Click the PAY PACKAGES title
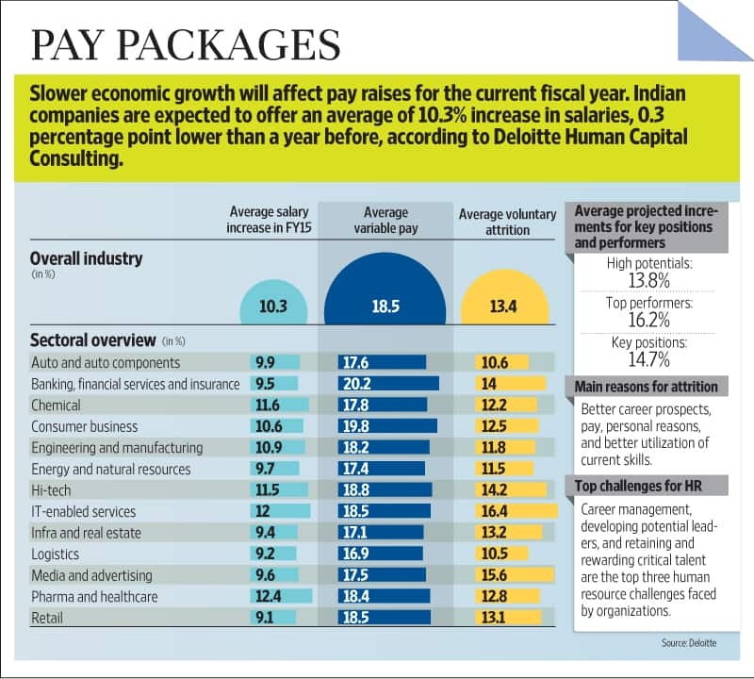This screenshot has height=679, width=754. [186, 45]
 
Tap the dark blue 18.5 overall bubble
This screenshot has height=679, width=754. [385, 304]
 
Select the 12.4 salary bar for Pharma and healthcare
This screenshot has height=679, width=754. [282, 596]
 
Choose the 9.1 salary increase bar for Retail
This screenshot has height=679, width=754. [275, 618]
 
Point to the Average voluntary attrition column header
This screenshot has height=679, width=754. [507, 222]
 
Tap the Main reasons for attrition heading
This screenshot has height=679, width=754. [646, 387]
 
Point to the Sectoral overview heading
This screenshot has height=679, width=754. [92, 339]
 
